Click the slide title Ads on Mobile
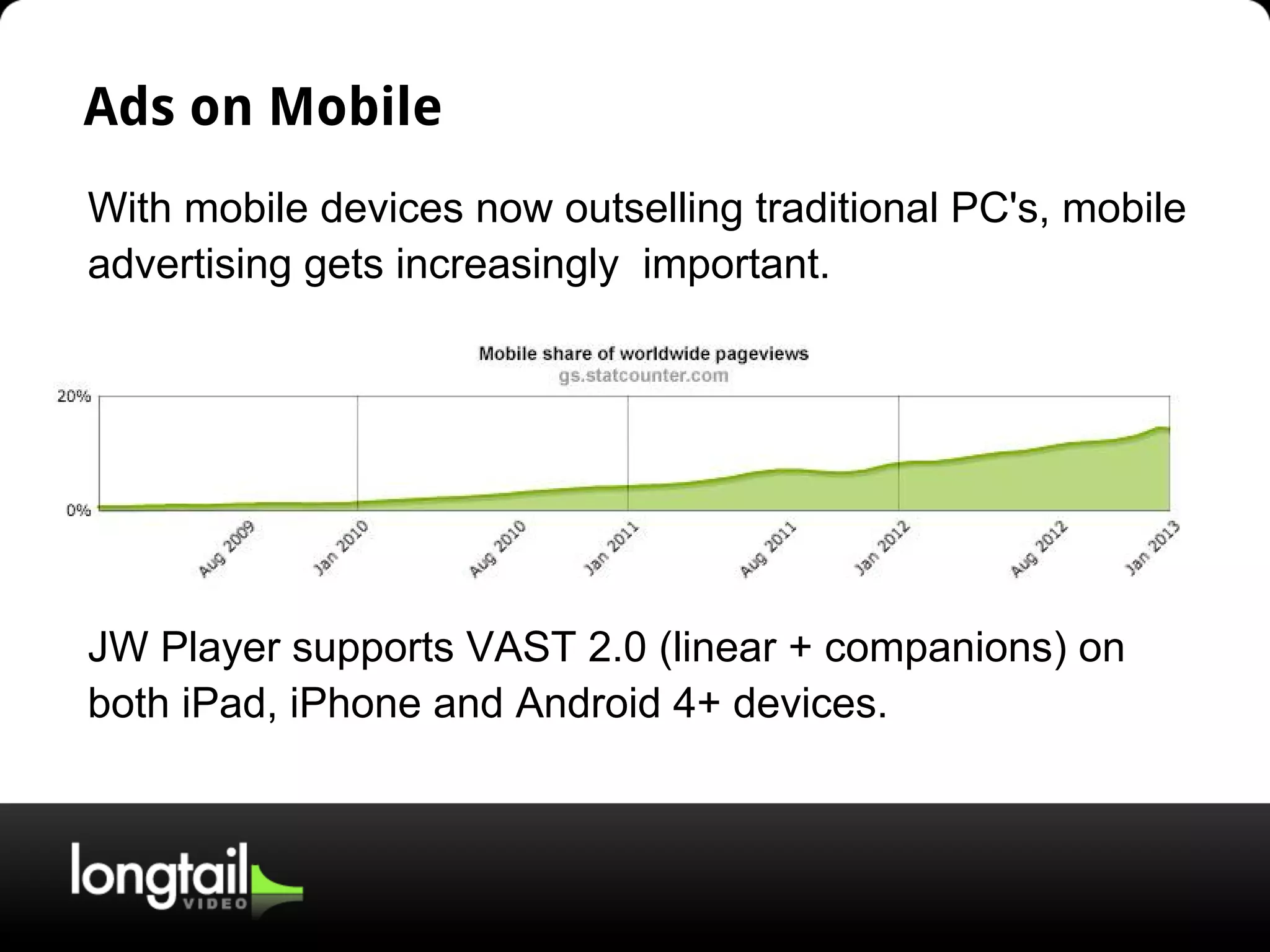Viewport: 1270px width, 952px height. [x=262, y=107]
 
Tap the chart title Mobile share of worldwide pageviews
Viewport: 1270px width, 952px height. [x=643, y=354]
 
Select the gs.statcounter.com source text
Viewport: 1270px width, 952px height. [x=643, y=376]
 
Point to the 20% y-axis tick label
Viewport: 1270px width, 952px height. [x=74, y=397]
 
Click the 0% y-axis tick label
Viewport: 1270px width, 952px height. [x=78, y=510]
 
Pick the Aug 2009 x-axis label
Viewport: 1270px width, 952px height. [x=227, y=549]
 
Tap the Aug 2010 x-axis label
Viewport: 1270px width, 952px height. [x=497, y=549]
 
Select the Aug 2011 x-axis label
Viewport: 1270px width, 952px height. [x=768, y=549]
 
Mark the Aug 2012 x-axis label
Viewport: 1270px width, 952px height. [x=1039, y=549]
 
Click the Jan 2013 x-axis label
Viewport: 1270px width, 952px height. [x=1153, y=549]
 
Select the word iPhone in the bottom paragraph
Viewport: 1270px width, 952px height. [x=355, y=703]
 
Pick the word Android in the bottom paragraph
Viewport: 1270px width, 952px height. [x=587, y=703]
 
